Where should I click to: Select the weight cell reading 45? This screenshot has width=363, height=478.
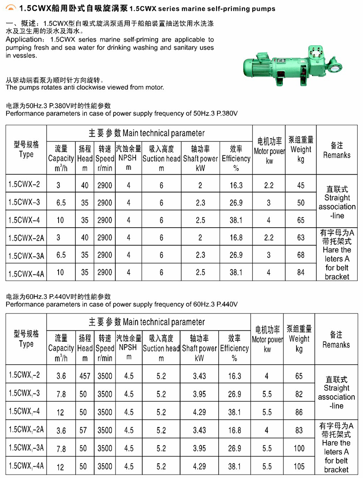[300, 185]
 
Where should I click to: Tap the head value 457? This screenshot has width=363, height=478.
[84, 376]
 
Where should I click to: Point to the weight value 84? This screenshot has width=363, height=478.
[300, 272]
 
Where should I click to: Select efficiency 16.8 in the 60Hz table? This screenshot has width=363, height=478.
[234, 430]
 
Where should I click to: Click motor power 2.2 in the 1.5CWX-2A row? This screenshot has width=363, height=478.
[269, 238]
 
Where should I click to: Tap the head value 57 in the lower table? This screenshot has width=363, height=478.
[84, 430]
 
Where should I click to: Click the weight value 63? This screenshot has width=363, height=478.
[300, 238]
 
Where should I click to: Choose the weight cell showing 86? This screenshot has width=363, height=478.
[299, 412]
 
